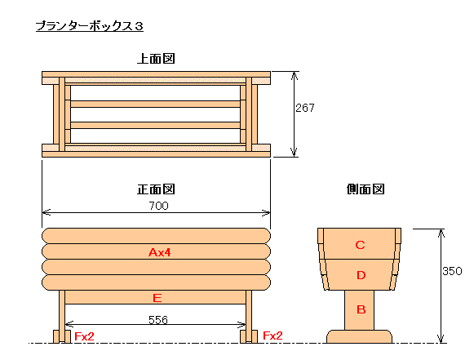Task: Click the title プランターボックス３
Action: click(x=90, y=26)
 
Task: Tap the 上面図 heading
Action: click(x=156, y=59)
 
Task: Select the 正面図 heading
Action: click(x=156, y=189)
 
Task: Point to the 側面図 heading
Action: click(x=365, y=189)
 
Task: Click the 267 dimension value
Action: click(x=305, y=108)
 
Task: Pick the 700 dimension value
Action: click(x=159, y=206)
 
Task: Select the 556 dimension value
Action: click(x=158, y=320)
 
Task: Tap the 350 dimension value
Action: click(x=452, y=271)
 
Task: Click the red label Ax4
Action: click(x=160, y=252)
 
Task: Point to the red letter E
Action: click(x=157, y=298)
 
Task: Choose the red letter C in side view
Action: click(x=360, y=245)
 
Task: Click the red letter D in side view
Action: click(x=361, y=275)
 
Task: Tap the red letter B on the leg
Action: click(x=361, y=309)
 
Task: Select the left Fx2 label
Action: click(x=84, y=336)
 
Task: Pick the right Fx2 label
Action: click(x=272, y=336)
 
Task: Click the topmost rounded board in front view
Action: click(x=156, y=236)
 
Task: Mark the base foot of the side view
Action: click(x=360, y=336)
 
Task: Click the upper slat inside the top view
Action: click(x=155, y=104)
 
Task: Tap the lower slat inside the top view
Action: click(x=155, y=125)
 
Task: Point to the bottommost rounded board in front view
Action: click(x=156, y=282)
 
